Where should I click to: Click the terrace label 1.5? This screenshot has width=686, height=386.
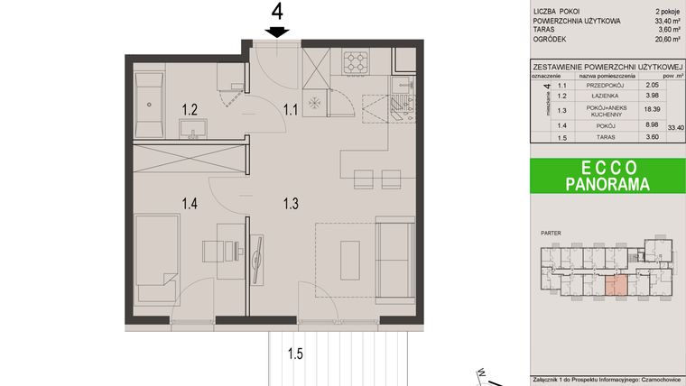click(x=295, y=354)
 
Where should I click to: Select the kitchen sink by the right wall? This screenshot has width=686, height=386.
click(x=399, y=107)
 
